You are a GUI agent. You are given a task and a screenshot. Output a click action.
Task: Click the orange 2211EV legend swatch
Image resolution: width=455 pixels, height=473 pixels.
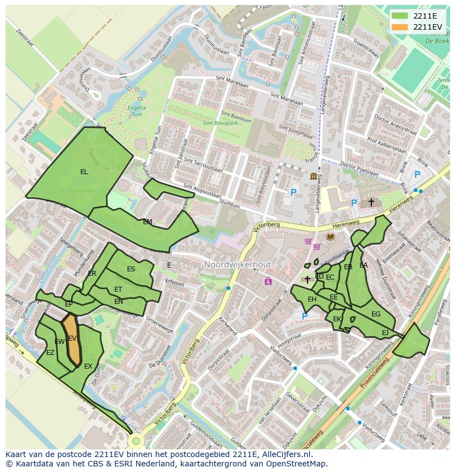[399, 27]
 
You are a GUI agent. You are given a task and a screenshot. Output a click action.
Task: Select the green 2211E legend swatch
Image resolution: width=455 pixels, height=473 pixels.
[399, 15]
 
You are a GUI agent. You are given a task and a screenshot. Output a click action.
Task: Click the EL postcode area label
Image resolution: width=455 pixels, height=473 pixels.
[84, 172]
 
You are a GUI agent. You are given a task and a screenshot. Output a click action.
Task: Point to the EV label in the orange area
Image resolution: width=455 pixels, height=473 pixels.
[72, 338]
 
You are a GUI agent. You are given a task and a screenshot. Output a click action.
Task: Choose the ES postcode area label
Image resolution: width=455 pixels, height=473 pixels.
[131, 269]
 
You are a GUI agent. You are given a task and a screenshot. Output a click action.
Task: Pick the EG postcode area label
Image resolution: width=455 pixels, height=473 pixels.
[376, 314]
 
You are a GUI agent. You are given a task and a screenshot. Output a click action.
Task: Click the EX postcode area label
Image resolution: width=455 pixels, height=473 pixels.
[88, 366]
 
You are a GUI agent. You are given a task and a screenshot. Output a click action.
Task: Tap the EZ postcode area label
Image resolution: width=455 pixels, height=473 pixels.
[50, 353]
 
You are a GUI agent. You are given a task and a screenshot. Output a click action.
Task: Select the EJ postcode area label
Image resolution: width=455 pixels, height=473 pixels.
[385, 333]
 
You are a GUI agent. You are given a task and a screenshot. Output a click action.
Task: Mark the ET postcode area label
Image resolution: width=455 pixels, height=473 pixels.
[118, 290]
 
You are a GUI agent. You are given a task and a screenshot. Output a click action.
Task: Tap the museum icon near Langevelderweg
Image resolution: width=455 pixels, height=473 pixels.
[313, 176]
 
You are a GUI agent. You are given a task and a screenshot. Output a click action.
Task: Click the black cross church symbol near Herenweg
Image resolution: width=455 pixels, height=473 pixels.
[371, 203]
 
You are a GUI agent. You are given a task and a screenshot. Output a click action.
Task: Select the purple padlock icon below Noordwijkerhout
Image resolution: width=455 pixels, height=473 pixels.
[268, 281]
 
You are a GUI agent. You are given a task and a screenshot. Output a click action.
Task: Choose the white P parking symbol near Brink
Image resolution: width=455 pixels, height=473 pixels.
[417, 175]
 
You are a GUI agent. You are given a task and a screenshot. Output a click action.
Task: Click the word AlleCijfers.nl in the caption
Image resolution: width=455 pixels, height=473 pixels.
[285, 454]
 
